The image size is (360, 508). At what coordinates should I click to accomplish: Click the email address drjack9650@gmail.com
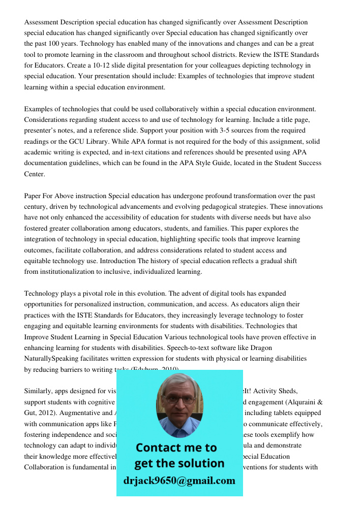tap(179, 481)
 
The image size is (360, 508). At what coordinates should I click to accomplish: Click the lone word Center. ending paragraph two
tap(35, 174)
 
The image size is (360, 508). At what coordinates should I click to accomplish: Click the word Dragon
tap(260, 347)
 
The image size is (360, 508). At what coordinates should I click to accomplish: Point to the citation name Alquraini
tap(302, 402)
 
